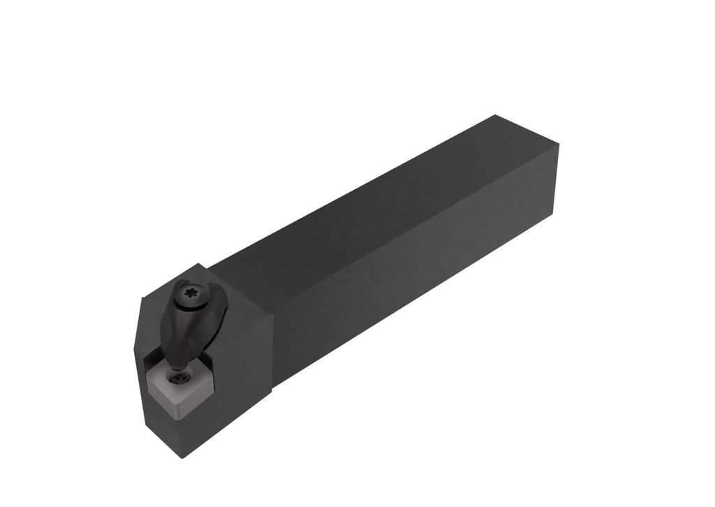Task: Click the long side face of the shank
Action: point(419,265)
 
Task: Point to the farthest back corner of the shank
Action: point(495,115)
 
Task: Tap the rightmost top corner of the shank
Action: point(559,145)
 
